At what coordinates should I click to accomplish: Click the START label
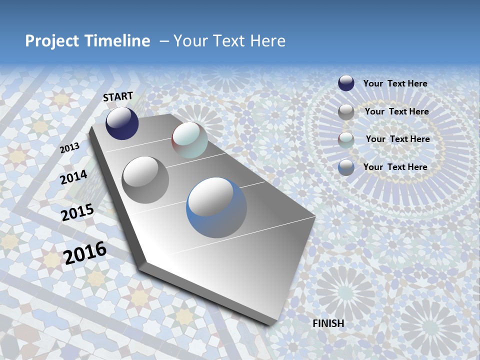(118, 96)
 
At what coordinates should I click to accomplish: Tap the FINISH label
(328, 323)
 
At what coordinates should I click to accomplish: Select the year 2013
(69, 148)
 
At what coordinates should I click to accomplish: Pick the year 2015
(77, 212)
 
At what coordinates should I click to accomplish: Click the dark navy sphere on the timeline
(122, 123)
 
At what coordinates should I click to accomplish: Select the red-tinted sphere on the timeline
(189, 140)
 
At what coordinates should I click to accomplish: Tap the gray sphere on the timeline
(145, 180)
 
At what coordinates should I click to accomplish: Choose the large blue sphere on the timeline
(216, 207)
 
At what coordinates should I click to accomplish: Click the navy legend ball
(346, 83)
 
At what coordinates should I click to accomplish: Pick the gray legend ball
(346, 112)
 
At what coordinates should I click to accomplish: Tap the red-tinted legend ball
(346, 140)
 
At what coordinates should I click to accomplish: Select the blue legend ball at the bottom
(346, 167)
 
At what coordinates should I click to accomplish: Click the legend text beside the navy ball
(395, 83)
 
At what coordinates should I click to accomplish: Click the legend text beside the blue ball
(395, 167)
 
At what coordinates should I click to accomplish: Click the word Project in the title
(52, 41)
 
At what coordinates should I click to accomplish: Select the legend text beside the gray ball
(396, 111)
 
